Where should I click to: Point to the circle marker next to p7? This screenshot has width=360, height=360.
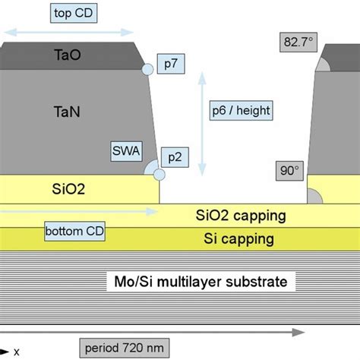(x=147, y=70)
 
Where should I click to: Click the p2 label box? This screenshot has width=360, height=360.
(x=173, y=157)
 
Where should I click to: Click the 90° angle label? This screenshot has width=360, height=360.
(x=289, y=172)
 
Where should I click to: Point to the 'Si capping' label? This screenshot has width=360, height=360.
(x=238, y=239)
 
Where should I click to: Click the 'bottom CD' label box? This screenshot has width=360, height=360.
(x=74, y=230)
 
